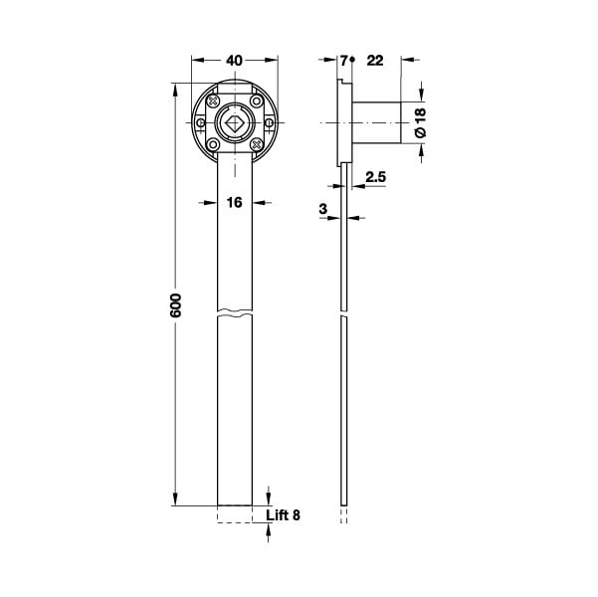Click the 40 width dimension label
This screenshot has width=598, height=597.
click(234, 61)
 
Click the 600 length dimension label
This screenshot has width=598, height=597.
click(176, 305)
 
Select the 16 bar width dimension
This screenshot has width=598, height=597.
click(234, 203)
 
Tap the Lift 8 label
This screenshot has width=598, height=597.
click(283, 515)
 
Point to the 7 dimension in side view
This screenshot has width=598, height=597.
click(344, 61)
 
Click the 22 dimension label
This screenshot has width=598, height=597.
click(375, 61)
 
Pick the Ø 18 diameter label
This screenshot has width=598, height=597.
click(420, 122)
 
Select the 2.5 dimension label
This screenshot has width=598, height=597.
click(376, 177)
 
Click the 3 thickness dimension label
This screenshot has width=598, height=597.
click(323, 209)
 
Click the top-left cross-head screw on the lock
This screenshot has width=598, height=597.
click(213, 101)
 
